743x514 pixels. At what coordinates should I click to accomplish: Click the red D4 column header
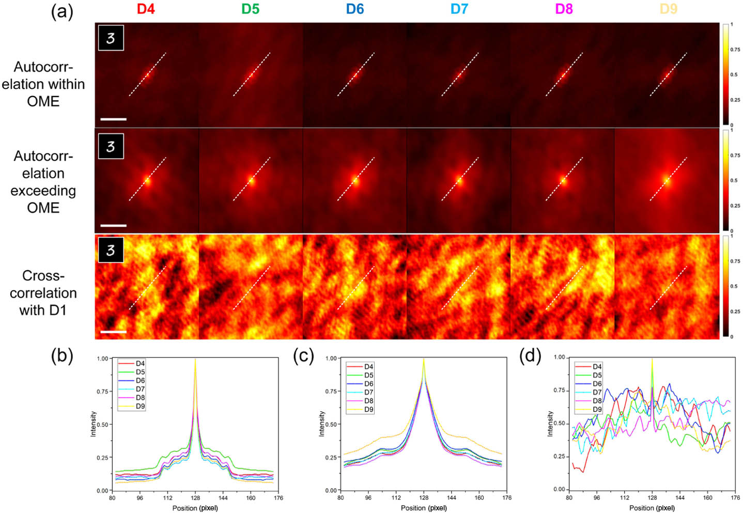click(146, 9)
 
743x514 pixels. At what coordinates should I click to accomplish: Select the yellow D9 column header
click(668, 9)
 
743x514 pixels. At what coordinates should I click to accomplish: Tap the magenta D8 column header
click(564, 9)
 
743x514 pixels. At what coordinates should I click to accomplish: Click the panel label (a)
click(62, 11)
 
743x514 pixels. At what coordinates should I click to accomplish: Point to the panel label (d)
click(530, 356)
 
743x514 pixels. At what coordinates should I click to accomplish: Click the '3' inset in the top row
click(111, 38)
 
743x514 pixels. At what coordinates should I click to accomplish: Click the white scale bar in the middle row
click(113, 225)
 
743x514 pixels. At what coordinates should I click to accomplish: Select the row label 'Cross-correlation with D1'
click(43, 293)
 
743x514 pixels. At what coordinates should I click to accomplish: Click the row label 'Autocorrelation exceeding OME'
click(43, 182)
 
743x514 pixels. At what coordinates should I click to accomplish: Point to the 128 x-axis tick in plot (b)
click(195, 498)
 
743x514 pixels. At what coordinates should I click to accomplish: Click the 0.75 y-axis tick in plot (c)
click(331, 391)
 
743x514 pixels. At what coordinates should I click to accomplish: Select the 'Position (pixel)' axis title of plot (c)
click(424, 508)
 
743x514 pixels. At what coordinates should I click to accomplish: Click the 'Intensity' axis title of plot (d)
click(550, 424)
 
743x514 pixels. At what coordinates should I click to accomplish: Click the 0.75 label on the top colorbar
click(735, 50)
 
